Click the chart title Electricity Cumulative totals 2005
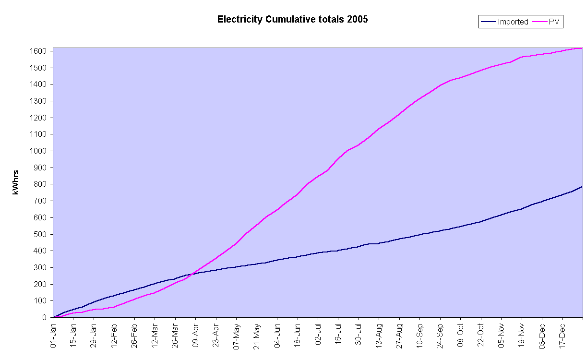[x=292, y=20]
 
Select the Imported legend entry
[x=512, y=22]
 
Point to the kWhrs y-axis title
[x=16, y=182]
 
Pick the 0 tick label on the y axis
[x=44, y=317]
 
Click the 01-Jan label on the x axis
[x=54, y=336]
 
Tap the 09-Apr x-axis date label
[x=195, y=336]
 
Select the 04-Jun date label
[x=277, y=336]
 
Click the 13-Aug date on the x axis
[x=379, y=336]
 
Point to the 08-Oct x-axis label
[x=460, y=336]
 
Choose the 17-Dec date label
[x=562, y=336]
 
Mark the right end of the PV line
[x=582, y=48]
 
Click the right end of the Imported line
[x=582, y=186]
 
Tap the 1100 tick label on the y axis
[x=39, y=134]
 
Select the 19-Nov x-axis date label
[x=522, y=336]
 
